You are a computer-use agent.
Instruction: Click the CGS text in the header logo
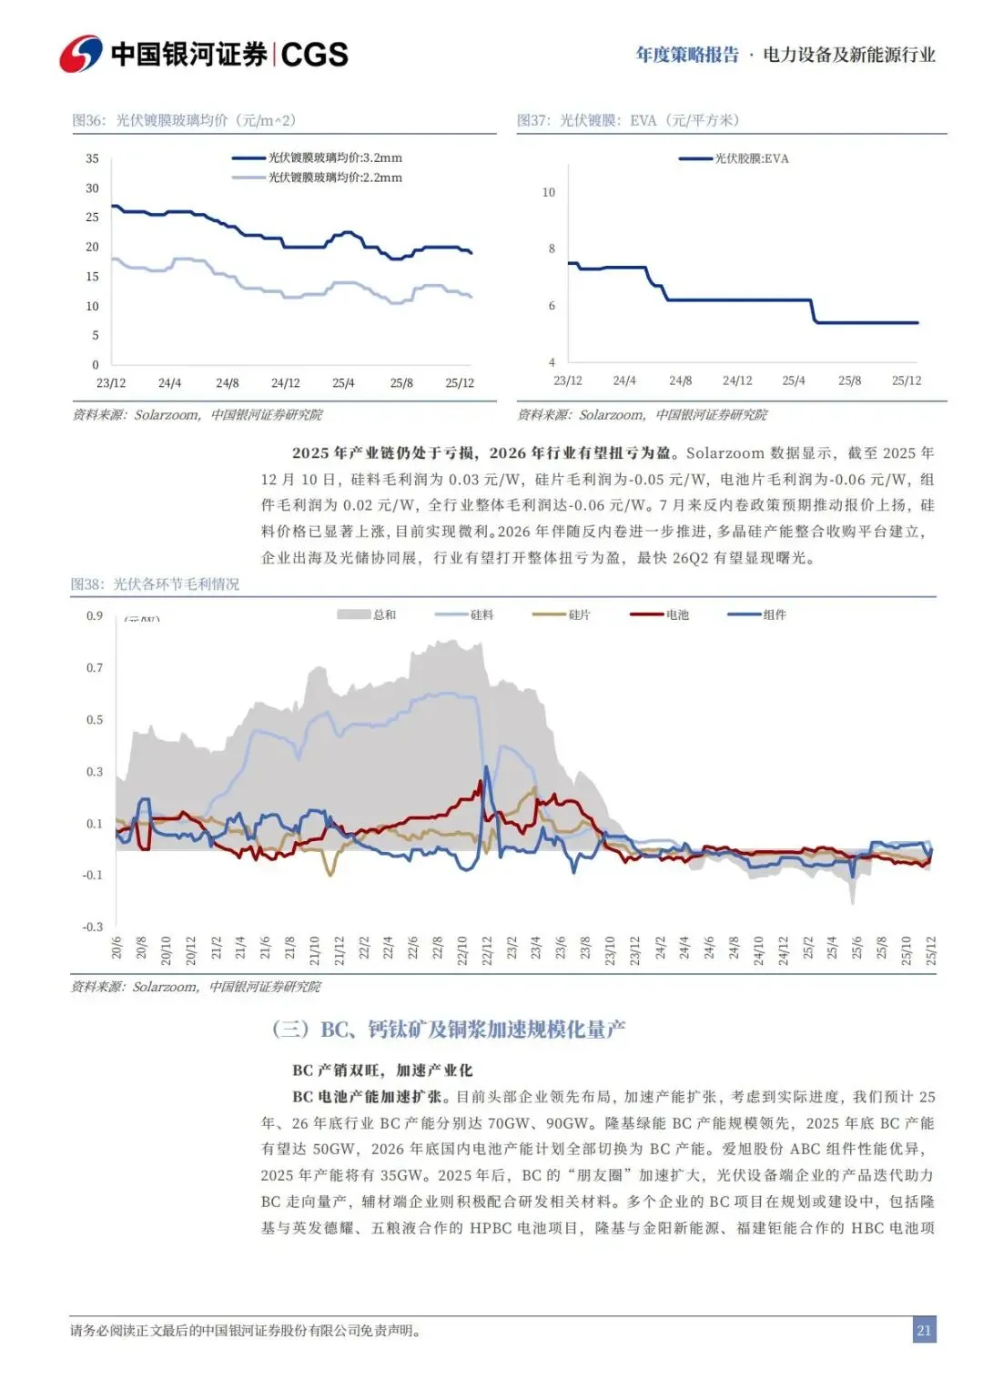pyautogui.click(x=315, y=55)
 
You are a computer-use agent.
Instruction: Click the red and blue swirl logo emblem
pyautogui.click(x=81, y=55)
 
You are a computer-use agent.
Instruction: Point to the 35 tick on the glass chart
pyautogui.click(x=92, y=158)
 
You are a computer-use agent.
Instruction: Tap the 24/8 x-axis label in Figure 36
pyautogui.click(x=228, y=383)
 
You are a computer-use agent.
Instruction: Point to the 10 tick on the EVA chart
pyautogui.click(x=548, y=192)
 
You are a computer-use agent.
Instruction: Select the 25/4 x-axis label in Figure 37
pyautogui.click(x=794, y=380)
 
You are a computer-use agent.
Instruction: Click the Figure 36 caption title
pyautogui.click(x=184, y=120)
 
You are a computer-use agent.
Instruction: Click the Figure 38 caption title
pyautogui.click(x=155, y=583)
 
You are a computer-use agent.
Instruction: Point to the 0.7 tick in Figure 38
pyautogui.click(x=95, y=667)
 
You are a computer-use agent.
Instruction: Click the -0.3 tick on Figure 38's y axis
pyautogui.click(x=93, y=927)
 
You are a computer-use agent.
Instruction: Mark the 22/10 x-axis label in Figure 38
pyautogui.click(x=461, y=949)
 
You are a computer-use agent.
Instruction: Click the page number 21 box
pyautogui.click(x=924, y=1330)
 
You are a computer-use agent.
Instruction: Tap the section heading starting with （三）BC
pyautogui.click(x=449, y=1029)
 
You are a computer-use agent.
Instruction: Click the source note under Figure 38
pyautogui.click(x=196, y=987)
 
